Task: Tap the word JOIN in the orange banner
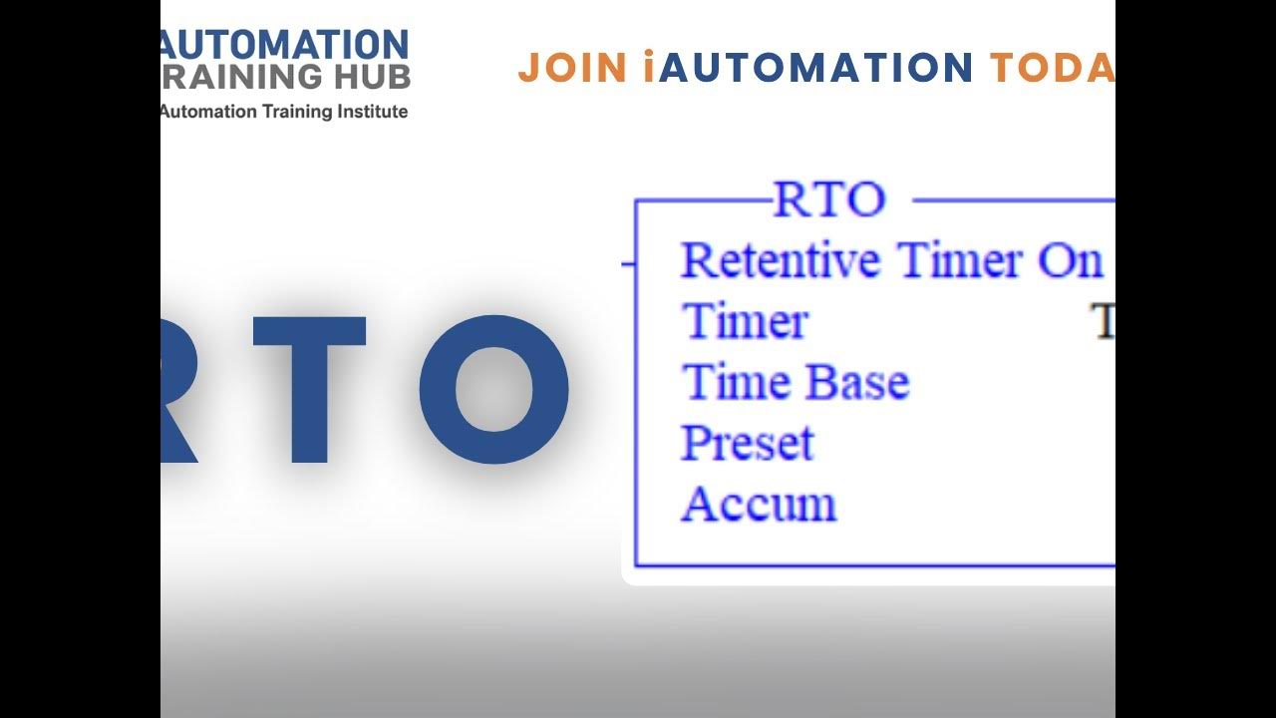571,68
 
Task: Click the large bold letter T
310,390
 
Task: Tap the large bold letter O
494,390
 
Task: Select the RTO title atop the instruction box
829,199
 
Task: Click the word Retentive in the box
781,261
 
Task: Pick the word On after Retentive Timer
1070,261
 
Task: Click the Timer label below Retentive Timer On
745,322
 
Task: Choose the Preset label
748,444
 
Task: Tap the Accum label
759,505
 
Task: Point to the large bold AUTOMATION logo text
285,45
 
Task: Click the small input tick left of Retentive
628,264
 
